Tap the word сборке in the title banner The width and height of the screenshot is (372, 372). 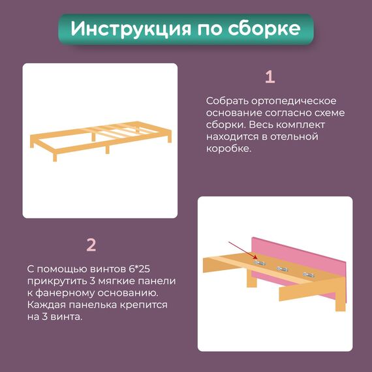(264, 28)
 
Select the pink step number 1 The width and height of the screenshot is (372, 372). (270, 77)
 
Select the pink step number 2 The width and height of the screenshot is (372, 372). (91, 245)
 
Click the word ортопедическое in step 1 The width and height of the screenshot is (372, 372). (294, 101)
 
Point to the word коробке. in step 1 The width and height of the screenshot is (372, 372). (228, 149)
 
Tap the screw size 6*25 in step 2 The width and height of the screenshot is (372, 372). (139, 269)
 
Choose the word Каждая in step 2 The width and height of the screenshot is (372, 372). (46, 305)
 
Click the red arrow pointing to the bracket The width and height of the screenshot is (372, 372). (243, 251)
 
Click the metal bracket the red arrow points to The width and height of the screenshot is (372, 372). (259, 262)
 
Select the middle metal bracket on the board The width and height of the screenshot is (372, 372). (283, 269)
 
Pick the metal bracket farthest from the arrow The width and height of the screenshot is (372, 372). (309, 275)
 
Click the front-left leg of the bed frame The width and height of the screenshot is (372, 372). (55, 157)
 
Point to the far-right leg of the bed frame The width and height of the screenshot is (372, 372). (170, 138)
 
